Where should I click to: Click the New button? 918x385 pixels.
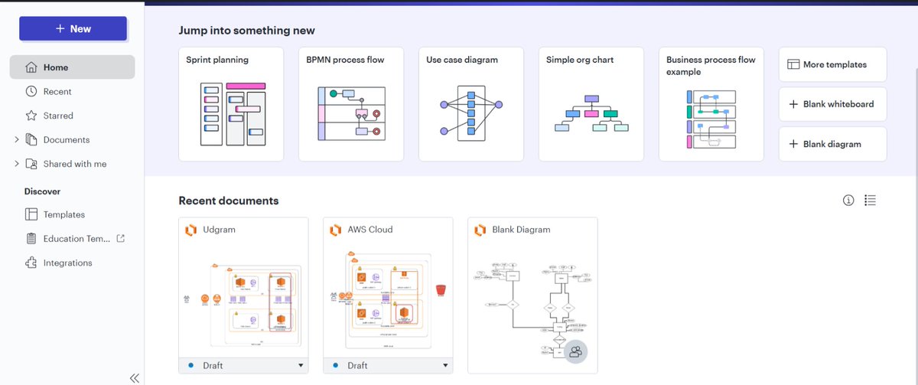click(73, 29)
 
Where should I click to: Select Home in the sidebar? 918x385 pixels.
click(72, 67)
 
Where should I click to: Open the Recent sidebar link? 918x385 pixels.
click(57, 92)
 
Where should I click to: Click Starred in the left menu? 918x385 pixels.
click(58, 116)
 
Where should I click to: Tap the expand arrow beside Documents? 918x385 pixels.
click(17, 140)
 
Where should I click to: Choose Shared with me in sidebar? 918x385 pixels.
click(74, 164)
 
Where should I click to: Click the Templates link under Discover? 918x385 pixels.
click(63, 215)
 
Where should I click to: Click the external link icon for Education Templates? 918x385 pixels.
click(120, 239)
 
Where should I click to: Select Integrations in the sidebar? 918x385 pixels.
click(67, 263)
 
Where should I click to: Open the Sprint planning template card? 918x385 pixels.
click(230, 105)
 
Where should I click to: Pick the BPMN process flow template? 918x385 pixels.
click(350, 105)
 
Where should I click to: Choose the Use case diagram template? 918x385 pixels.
click(470, 105)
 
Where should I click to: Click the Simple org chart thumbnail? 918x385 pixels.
click(591, 115)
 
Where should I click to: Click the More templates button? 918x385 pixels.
click(832, 65)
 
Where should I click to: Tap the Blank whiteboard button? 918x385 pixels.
click(832, 104)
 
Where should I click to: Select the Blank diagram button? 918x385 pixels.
click(832, 144)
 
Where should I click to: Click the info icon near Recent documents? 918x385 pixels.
click(848, 201)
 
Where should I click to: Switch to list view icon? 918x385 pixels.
click(870, 201)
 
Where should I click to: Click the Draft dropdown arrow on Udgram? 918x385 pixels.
click(301, 366)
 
